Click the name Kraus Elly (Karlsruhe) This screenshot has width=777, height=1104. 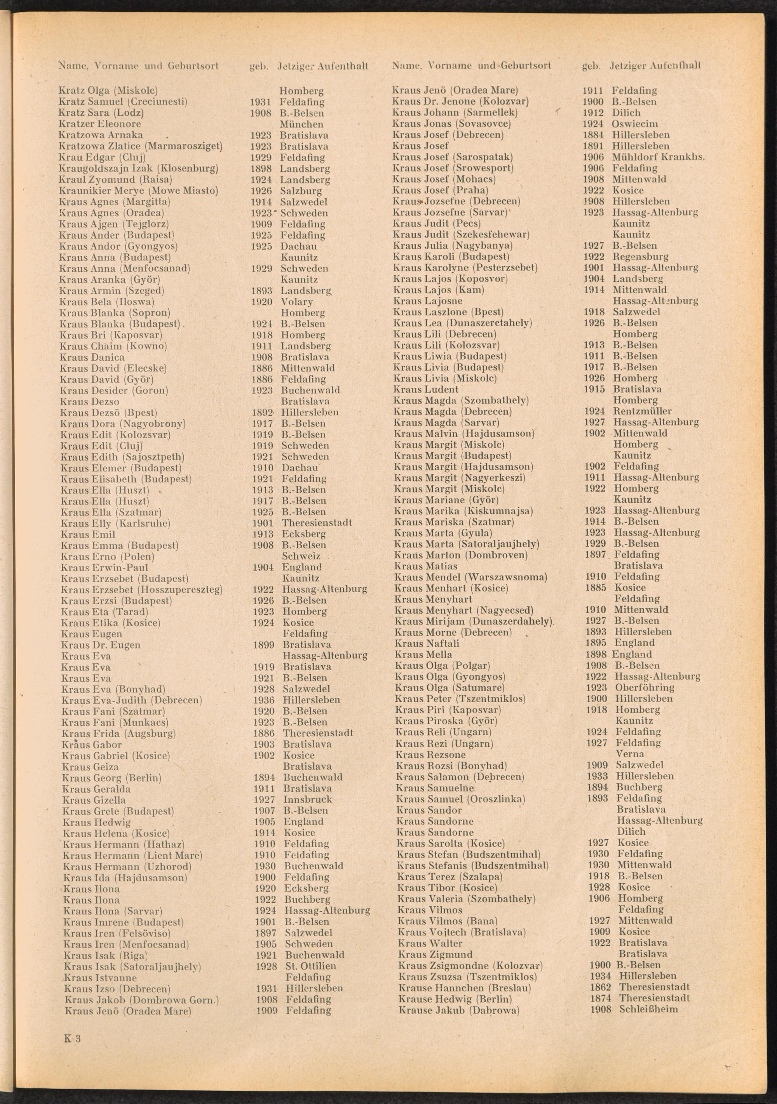point(115,523)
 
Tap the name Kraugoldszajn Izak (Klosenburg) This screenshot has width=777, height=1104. point(138,168)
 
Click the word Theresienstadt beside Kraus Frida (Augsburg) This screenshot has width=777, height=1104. point(317,733)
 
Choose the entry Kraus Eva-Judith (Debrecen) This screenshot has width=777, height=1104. point(131,700)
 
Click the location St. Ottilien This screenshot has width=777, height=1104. point(311,966)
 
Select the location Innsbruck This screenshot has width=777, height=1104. point(307,800)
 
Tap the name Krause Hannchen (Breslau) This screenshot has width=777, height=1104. point(465,988)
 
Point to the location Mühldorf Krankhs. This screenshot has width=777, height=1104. point(658,157)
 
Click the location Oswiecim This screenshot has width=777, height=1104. point(635,124)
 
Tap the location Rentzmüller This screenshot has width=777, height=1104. point(642,411)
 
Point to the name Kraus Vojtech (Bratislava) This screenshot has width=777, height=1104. point(462,932)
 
